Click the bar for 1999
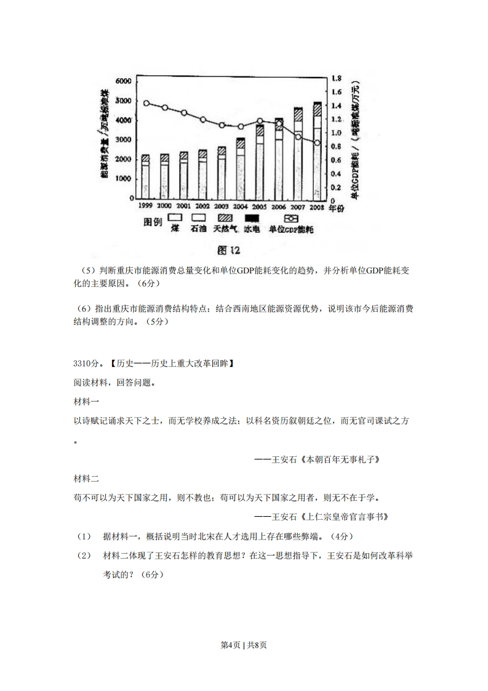click(145, 177)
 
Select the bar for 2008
click(318, 151)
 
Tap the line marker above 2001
click(184, 113)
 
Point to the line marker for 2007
click(298, 137)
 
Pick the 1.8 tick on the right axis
click(336, 79)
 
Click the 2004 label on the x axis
click(241, 207)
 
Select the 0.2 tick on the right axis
click(336, 188)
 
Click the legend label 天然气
click(225, 229)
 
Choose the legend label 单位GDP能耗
click(291, 229)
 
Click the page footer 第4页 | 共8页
click(244, 645)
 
